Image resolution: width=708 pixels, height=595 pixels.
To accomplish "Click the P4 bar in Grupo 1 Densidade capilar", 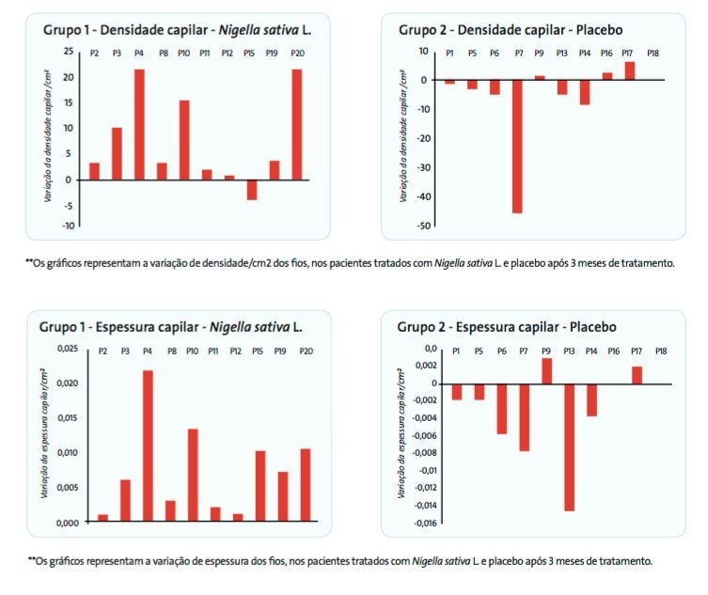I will [x=139, y=124].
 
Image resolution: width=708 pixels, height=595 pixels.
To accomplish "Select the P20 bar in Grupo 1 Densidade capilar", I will [x=298, y=124].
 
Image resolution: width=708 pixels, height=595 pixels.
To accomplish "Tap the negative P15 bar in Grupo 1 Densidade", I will [x=252, y=189].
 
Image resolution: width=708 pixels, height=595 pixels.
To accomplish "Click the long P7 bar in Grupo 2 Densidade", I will [x=517, y=146].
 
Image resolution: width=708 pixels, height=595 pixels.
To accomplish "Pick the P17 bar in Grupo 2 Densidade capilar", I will [x=629, y=70].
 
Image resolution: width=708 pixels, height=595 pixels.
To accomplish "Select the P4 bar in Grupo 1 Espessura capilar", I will [x=148, y=446].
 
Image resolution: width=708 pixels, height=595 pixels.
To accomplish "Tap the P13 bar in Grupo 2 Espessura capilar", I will [x=569, y=446].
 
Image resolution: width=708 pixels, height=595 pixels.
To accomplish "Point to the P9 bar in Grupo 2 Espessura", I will [x=546, y=371].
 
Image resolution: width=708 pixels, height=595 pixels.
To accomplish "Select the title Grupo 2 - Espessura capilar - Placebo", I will [x=506, y=327].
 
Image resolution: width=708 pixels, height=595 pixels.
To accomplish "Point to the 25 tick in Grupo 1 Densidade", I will [x=69, y=51].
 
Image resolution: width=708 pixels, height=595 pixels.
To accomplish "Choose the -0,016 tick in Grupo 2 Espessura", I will [x=423, y=523].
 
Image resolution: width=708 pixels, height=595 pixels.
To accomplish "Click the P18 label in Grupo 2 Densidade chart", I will [x=653, y=54].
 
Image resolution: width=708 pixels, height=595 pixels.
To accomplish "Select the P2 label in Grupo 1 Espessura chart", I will [x=103, y=352].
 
